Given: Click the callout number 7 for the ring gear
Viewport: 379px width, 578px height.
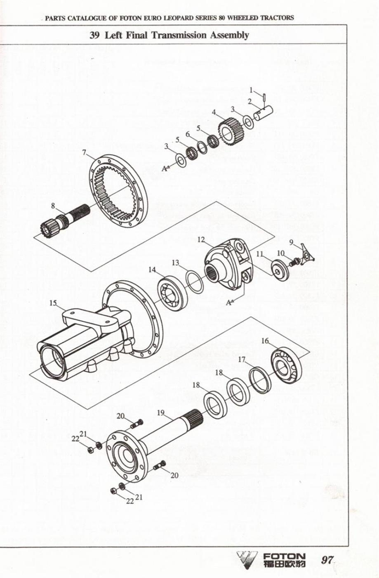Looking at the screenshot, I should (84, 152).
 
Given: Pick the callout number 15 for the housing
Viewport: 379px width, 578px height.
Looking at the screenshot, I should (53, 303).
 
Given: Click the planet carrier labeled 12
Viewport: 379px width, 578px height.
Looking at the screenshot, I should (226, 263).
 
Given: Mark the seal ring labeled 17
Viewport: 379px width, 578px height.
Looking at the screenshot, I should (258, 379).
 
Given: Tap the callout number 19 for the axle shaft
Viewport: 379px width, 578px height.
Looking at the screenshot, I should (161, 412).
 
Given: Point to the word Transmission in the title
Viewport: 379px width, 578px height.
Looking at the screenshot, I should (179, 35).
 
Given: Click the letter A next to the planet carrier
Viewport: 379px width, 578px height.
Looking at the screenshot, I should (228, 303).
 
